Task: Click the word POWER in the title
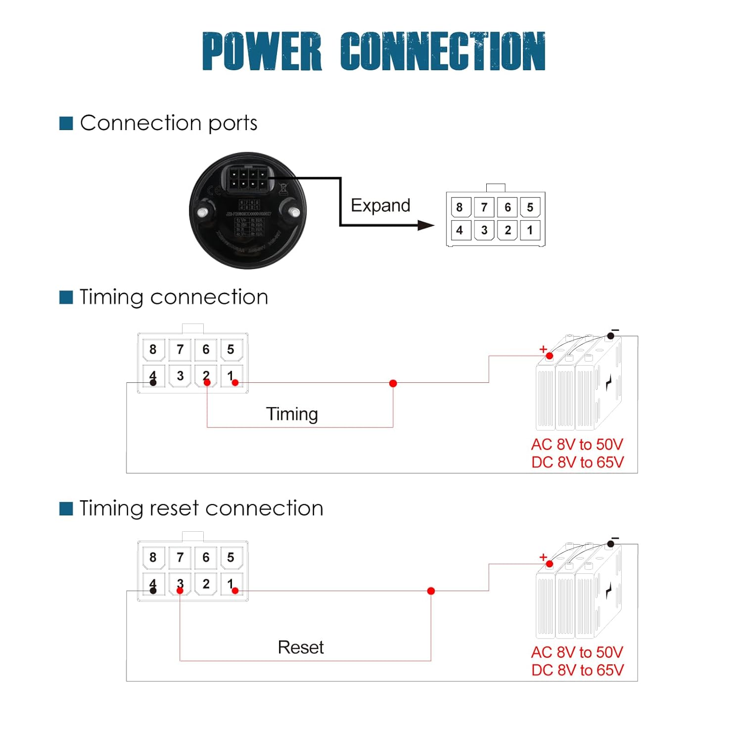click(262, 51)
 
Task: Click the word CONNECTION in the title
click(443, 51)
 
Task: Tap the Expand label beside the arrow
click(380, 205)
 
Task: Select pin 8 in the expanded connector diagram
click(460, 207)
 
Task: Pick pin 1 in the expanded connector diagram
click(530, 230)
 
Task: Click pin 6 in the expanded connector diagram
click(508, 207)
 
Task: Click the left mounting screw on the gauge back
click(202, 213)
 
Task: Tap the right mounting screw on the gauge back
click(295, 213)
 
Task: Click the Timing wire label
click(292, 414)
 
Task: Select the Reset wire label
click(301, 647)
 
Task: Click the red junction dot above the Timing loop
click(393, 383)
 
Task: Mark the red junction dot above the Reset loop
click(431, 591)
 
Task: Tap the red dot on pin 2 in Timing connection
click(207, 382)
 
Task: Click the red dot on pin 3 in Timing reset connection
click(180, 591)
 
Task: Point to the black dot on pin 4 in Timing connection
click(153, 382)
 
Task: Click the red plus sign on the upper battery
click(543, 349)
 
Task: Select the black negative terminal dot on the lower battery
click(611, 544)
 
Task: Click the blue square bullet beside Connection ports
click(66, 123)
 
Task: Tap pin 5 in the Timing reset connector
click(231, 557)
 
